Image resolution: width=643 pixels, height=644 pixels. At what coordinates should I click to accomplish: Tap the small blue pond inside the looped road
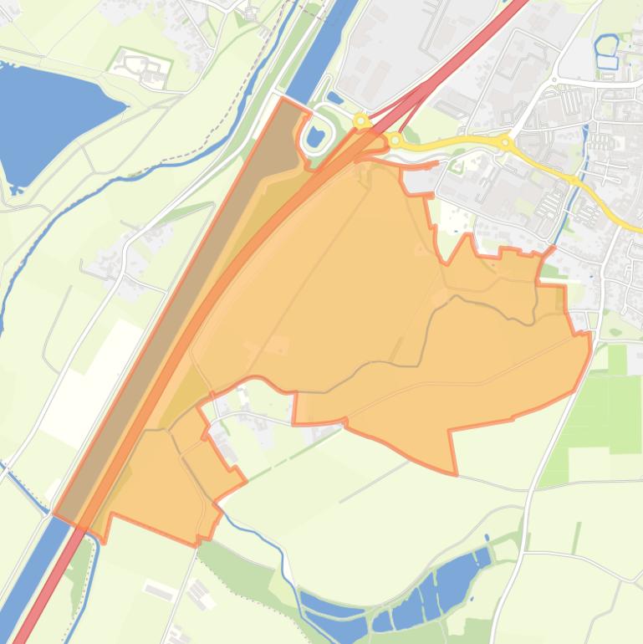click(x=315, y=136)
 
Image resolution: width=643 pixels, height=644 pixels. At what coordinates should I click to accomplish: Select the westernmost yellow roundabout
click(x=361, y=121)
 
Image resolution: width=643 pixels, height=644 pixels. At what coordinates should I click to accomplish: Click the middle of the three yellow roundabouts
click(x=395, y=141)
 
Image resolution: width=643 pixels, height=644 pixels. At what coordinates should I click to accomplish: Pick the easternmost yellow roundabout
click(x=505, y=144)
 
